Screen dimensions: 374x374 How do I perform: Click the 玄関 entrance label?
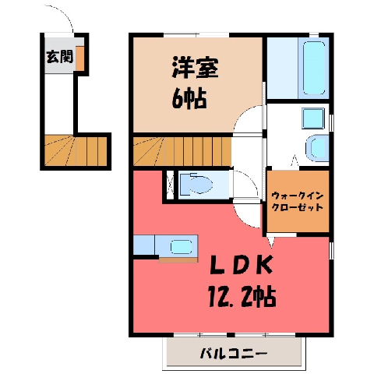59,56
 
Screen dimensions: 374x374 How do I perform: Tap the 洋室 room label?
195,67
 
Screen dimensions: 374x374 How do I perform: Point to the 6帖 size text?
189,99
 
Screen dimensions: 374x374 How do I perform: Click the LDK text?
242,265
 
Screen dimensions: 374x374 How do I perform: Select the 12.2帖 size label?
242,297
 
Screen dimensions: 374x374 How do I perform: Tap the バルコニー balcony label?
234,354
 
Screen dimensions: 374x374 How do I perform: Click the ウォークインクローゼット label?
298,201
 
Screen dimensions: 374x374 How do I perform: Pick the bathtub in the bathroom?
314,68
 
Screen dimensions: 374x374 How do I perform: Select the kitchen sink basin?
181,246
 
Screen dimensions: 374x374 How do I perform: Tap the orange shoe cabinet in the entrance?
80,58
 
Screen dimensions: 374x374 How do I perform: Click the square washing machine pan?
313,118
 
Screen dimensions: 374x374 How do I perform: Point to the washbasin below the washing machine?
317,148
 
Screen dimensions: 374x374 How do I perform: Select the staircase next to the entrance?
76,150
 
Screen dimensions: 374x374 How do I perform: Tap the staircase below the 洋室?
182,151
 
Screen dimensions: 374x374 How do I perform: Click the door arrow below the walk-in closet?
271,242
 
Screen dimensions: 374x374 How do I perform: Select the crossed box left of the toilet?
170,185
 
